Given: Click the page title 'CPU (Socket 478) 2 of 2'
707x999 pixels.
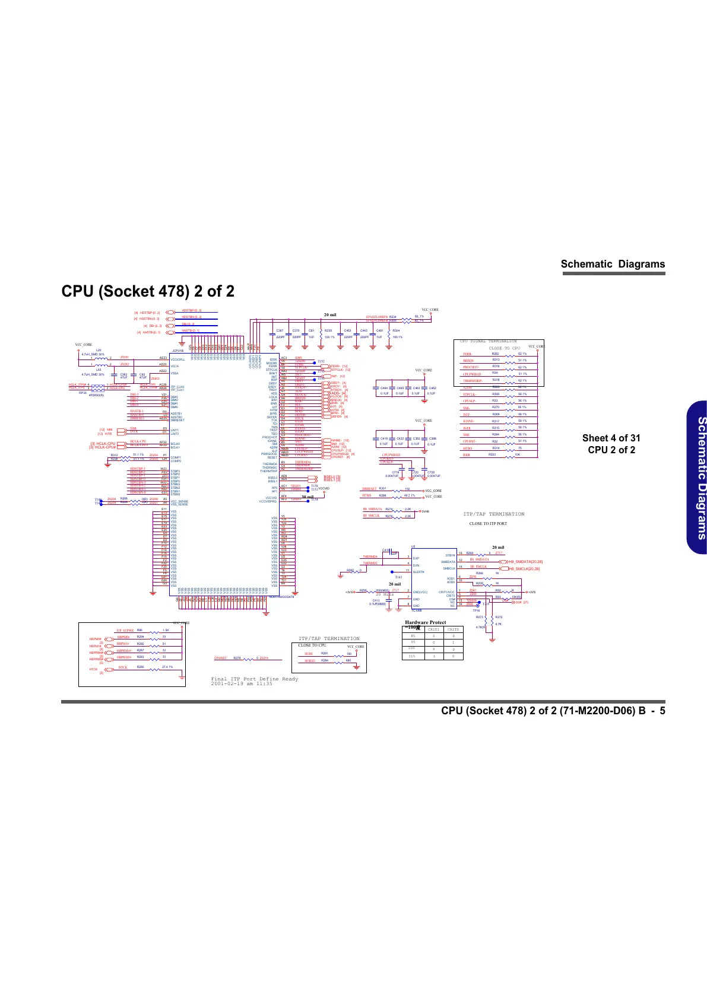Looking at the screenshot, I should (148, 291).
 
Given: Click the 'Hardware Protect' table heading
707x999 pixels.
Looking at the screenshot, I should (425, 622).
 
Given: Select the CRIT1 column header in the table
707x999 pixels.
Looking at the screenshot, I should (433, 629).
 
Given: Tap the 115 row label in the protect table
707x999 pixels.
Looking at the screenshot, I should (413, 656).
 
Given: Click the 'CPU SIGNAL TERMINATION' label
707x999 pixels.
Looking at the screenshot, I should (489, 341).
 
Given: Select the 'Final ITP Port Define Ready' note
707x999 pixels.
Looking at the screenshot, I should (255, 679).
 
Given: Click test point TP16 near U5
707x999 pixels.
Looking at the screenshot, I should (476, 610).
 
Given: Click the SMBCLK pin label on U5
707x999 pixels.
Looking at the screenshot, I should (449, 568).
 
